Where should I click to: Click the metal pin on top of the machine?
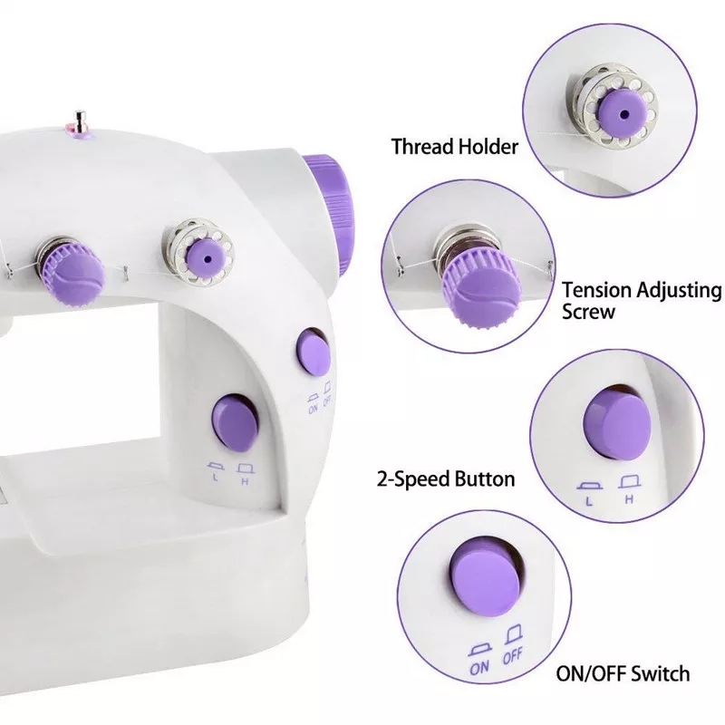[81, 122]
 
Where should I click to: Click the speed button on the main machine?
[235, 422]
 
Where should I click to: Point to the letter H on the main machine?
[246, 482]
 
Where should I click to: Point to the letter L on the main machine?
[216, 478]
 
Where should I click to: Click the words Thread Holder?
[455, 147]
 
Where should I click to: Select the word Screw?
[588, 311]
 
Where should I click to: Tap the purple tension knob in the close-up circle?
[481, 290]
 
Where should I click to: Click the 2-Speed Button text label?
[446, 479]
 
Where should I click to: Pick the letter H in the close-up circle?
[629, 499]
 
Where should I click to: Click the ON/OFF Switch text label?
[623, 673]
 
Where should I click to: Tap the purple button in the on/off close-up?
[486, 578]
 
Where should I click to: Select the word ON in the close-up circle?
[479, 667]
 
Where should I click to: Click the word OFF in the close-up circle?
[512, 656]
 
